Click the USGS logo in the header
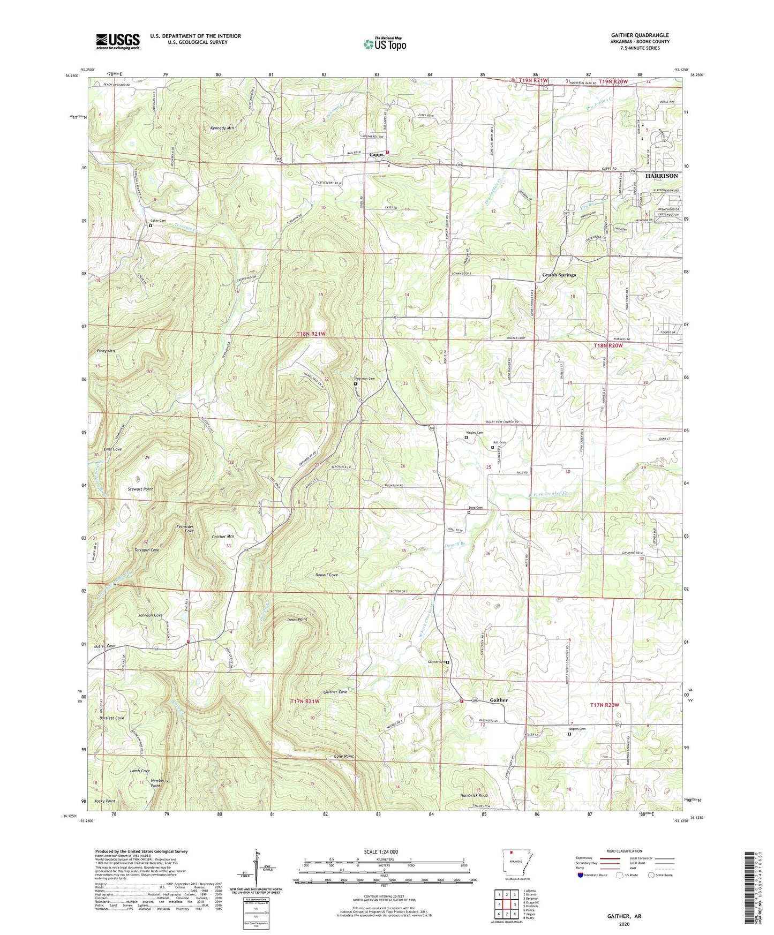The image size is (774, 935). [118, 41]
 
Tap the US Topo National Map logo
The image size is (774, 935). [385, 44]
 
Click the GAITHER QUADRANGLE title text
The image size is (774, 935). [640, 35]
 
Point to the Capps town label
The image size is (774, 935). [377, 155]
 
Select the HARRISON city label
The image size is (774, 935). [661, 176]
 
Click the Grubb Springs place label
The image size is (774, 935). [559, 275]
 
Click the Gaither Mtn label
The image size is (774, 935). [223, 536]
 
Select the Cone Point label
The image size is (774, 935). [342, 756]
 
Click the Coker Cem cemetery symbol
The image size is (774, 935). [151, 226]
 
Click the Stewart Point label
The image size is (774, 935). [140, 489]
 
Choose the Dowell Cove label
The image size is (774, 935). [326, 575]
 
